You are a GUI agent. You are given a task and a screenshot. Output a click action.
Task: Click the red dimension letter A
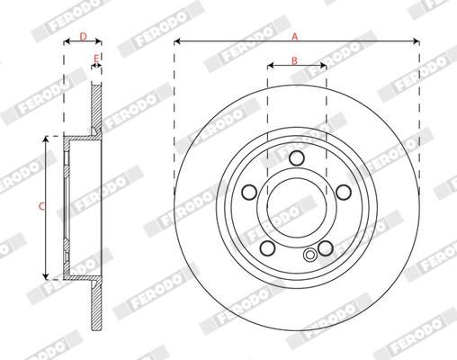(x=295, y=37)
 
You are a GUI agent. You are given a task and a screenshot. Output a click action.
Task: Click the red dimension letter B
(x=294, y=60)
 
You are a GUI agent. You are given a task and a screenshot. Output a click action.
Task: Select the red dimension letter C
(x=42, y=206)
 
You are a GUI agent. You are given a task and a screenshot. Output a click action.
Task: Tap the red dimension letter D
(x=84, y=37)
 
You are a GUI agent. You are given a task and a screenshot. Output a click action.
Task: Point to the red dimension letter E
(x=96, y=58)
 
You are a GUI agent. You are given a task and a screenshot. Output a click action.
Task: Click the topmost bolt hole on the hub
(x=297, y=157)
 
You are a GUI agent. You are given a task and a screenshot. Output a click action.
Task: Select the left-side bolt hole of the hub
(x=249, y=193)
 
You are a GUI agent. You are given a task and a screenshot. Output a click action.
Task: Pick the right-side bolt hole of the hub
(x=344, y=193)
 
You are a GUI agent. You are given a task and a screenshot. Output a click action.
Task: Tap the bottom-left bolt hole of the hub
(x=267, y=247)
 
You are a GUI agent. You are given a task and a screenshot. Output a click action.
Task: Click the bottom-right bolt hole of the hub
(x=326, y=248)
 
